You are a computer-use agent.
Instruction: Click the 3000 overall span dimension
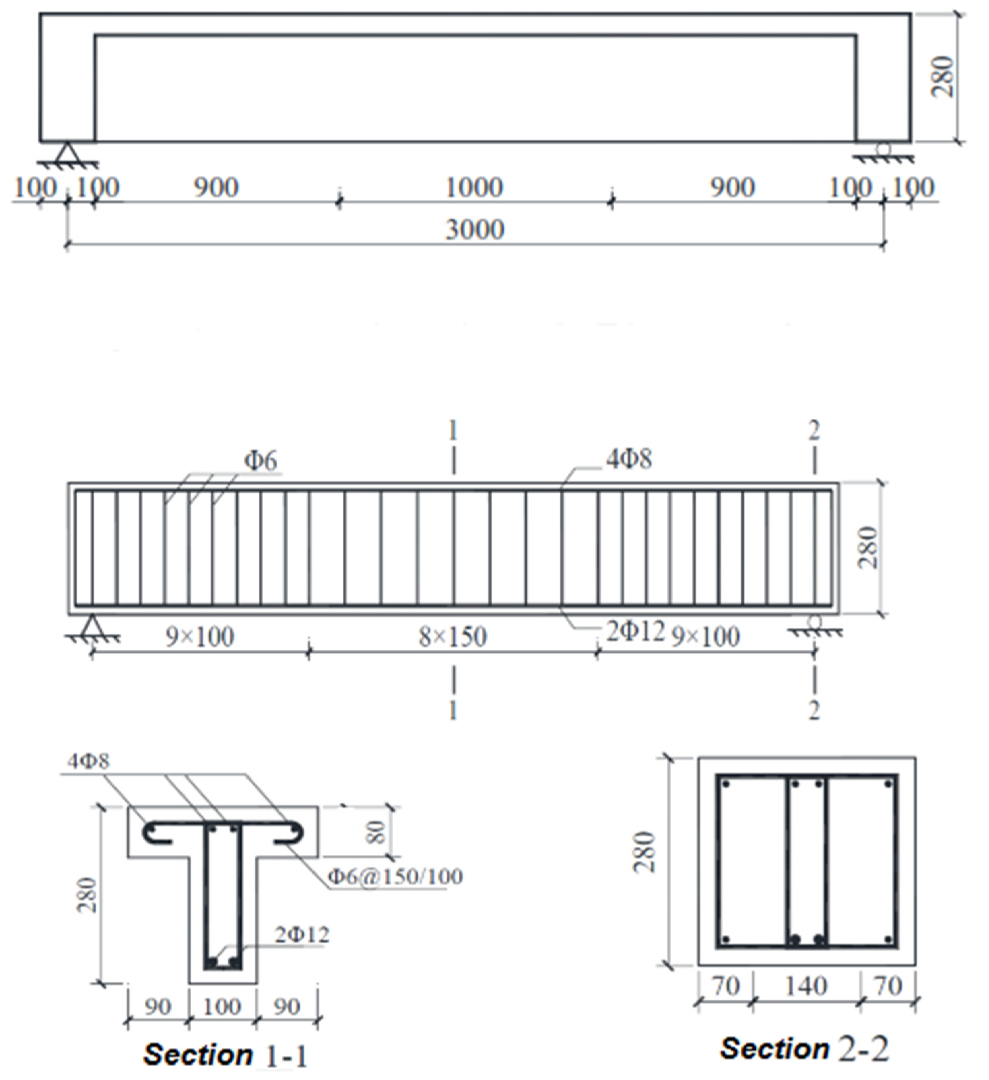475,229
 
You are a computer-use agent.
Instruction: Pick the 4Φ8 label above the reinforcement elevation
629,459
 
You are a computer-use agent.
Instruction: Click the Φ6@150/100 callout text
395,877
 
